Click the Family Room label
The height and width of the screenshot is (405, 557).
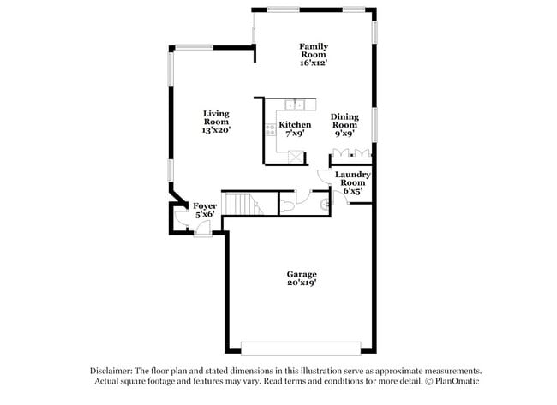point(314,54)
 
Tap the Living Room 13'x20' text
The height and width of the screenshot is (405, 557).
point(216,122)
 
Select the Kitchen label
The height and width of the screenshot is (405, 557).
point(295,128)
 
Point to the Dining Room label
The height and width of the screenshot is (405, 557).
point(344,124)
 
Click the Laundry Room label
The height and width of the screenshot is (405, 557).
point(352,182)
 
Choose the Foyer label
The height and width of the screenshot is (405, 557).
point(204,211)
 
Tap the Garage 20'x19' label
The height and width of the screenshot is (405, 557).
point(302,278)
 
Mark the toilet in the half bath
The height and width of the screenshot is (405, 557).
point(289,205)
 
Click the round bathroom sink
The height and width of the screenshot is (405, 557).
point(324,204)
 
